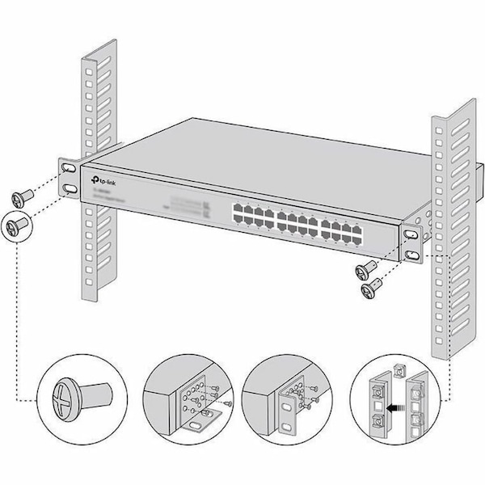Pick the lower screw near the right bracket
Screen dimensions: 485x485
tap(373, 287)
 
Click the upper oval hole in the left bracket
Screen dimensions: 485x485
tap(70, 168)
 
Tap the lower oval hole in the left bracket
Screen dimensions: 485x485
tap(70, 188)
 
